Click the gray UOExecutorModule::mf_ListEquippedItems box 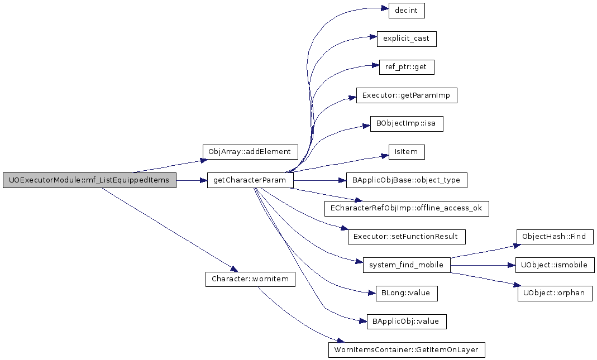click(x=89, y=180)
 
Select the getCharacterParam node click(x=250, y=180)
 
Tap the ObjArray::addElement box click(x=250, y=152)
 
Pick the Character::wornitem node click(x=250, y=279)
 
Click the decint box click(x=406, y=10)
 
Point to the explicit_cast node click(x=406, y=39)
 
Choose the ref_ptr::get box click(x=406, y=67)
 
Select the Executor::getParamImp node click(x=406, y=95)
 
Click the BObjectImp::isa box click(x=406, y=124)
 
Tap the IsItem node click(x=406, y=152)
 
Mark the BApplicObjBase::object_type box click(x=406, y=180)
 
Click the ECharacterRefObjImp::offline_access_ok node click(x=406, y=209)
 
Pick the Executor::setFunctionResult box click(x=406, y=237)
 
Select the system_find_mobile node click(x=406, y=265)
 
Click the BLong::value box click(x=406, y=294)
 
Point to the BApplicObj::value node click(x=406, y=321)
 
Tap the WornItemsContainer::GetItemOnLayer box click(x=406, y=350)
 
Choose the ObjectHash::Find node click(x=555, y=237)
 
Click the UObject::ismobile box click(x=555, y=265)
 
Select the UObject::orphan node click(x=555, y=294)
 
